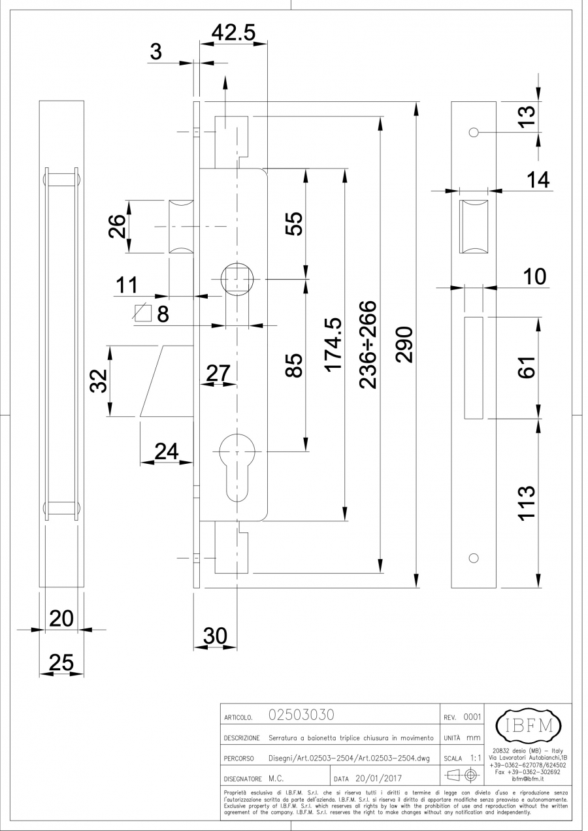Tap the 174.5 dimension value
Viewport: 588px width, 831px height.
tap(334, 344)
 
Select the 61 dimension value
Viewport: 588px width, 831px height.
tap(527, 367)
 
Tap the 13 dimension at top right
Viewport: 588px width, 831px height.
tap(527, 115)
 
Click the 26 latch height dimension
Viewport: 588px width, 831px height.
tap(116, 227)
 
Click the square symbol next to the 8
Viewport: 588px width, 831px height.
tap(142, 314)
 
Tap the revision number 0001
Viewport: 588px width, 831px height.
tap(471, 717)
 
